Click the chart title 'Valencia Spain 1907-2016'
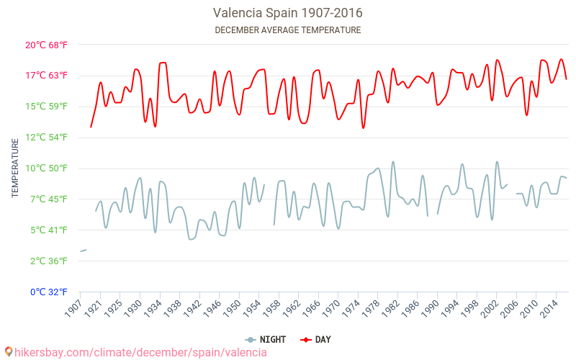click(x=288, y=13)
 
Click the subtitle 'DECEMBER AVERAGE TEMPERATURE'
click(x=288, y=30)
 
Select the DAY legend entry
click(x=317, y=339)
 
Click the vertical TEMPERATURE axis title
click(x=15, y=168)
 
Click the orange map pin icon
click(x=8, y=352)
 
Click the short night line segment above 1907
click(x=83, y=251)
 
